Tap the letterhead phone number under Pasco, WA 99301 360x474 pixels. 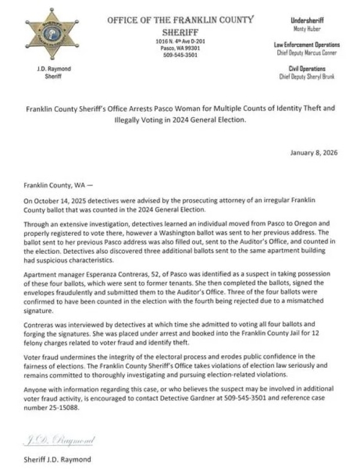click(181, 53)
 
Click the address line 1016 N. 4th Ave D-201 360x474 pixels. click(181, 41)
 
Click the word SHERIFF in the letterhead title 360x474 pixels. click(181, 30)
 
